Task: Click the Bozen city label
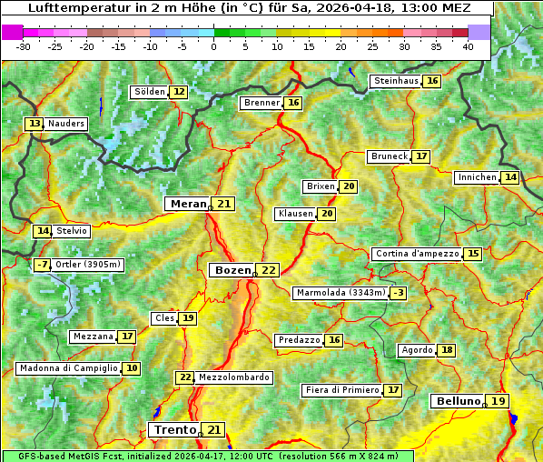(232, 270)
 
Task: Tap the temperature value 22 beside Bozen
(269, 270)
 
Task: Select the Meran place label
(188, 204)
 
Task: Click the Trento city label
(174, 429)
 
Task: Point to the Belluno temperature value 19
(498, 401)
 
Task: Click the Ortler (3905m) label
(88, 265)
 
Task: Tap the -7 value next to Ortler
(42, 265)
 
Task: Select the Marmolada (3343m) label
(341, 293)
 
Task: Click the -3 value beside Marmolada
(398, 293)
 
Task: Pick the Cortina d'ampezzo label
(416, 254)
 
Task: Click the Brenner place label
(262, 103)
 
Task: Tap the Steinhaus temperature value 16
(433, 81)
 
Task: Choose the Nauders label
(66, 124)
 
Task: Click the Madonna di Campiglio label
(68, 368)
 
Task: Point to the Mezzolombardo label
(233, 377)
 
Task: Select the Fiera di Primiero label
(341, 390)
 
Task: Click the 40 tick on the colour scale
(468, 45)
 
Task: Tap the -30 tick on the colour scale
(24, 45)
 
